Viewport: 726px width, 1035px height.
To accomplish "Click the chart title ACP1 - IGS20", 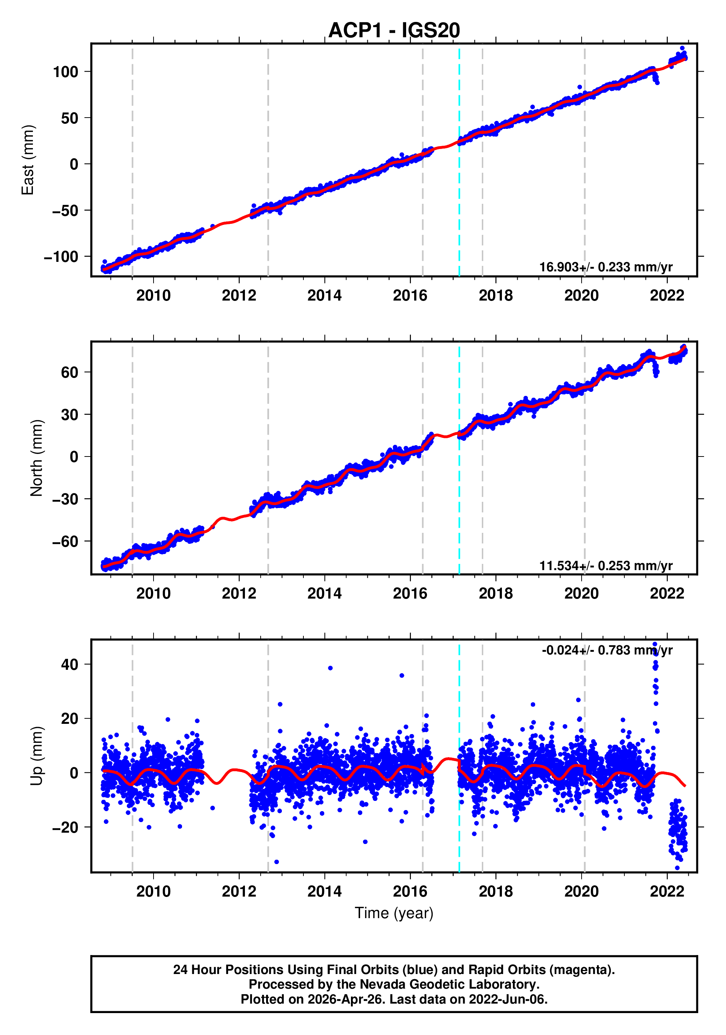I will [x=394, y=31].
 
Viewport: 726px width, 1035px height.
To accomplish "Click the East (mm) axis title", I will [x=28, y=160].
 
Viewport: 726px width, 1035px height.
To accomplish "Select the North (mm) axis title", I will [x=37, y=458].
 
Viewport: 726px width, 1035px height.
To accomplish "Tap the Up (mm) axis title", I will [x=37, y=756].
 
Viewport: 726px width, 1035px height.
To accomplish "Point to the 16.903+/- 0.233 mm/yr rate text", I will [x=605, y=267].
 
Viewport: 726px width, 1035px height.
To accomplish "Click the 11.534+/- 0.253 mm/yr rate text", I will [x=605, y=565].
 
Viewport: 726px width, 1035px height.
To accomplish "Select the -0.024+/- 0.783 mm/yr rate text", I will [x=607, y=650].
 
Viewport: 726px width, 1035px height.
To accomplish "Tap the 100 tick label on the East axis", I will [x=65, y=72].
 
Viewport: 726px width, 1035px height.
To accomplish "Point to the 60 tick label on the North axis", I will [x=69, y=373].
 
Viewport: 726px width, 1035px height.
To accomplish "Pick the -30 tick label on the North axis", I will [x=65, y=499].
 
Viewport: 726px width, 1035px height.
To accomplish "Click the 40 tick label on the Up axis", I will [x=69, y=664].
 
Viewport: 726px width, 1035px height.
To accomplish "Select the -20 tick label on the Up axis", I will [x=65, y=828].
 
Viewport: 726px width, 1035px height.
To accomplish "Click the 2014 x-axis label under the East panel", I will [x=324, y=296].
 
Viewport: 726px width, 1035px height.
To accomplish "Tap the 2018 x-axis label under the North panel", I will [x=495, y=594].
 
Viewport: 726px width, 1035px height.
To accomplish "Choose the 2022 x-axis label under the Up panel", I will [x=666, y=891].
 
